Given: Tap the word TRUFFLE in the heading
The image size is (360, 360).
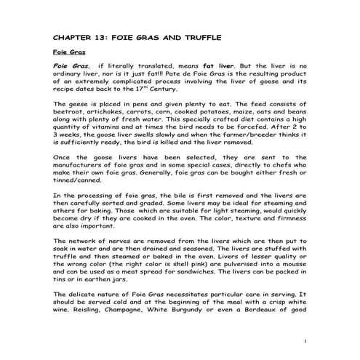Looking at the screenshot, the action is click(196, 36).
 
